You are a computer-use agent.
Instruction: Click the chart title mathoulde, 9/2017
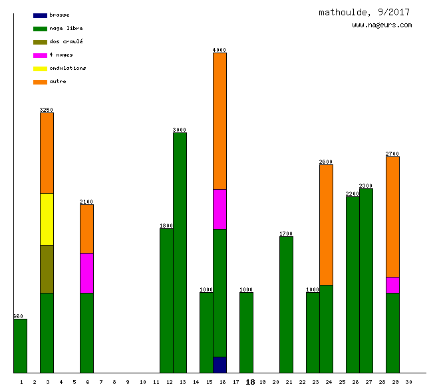pos(364,12)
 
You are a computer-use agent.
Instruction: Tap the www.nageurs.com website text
pos(382,25)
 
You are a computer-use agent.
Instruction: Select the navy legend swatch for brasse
pos(40,15)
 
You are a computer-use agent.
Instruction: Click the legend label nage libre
pos(66,28)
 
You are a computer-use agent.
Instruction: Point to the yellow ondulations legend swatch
pos(40,68)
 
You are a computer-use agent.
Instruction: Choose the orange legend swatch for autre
pos(40,81)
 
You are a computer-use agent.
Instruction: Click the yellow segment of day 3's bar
pos(47,219)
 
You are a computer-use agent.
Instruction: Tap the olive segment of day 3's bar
pos(47,269)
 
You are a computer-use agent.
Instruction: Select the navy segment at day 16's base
pos(219,365)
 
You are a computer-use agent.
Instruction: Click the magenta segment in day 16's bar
pos(219,209)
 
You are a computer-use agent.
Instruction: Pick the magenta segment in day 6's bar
pos(86,273)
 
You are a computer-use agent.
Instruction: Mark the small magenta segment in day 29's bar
pos(392,285)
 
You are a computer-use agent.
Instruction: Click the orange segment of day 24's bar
pos(326,224)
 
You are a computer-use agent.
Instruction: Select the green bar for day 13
pos(180,253)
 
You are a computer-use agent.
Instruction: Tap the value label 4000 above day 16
pos(219,50)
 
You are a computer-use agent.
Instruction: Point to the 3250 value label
pos(47,110)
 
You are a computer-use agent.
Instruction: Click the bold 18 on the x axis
pos(250,382)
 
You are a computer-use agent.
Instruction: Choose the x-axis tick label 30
pos(408,382)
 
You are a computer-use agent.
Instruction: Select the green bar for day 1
pos(21,346)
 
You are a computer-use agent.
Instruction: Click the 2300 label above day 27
pos(366,186)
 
